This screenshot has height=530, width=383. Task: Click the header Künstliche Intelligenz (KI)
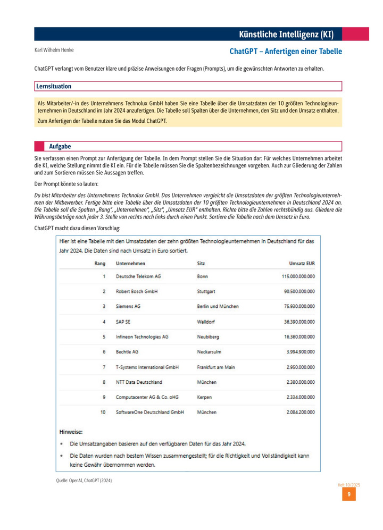286,35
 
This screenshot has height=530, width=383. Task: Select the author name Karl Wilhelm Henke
54,51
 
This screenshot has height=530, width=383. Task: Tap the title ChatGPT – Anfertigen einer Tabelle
286,52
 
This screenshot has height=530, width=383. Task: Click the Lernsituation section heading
54,86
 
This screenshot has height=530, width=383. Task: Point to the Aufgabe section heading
60,146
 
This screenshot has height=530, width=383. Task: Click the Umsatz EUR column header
302,263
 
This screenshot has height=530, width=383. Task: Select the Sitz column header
201,263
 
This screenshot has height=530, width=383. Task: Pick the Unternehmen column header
130,263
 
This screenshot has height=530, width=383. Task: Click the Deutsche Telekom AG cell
138,276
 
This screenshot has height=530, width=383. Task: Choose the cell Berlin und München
218,306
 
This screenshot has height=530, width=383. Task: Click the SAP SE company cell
123,322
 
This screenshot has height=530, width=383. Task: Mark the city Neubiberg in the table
208,336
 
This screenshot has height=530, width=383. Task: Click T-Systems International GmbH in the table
147,367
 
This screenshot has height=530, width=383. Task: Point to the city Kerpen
204,397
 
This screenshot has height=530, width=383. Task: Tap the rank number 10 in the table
103,412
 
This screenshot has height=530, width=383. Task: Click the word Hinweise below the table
71,432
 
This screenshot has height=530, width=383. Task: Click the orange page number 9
348,494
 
